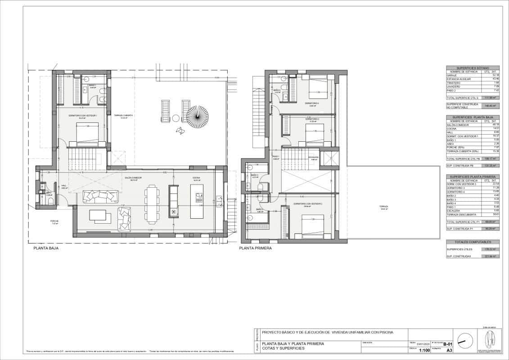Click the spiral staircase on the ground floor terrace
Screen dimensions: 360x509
click(197, 116)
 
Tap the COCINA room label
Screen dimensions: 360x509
click(196, 178)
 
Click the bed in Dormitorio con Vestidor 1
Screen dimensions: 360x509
click(86, 133)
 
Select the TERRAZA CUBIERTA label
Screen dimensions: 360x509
click(121, 115)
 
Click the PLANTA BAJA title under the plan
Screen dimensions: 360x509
click(46, 248)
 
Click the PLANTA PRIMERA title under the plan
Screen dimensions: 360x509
click(256, 248)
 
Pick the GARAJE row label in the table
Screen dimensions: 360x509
click(452, 75)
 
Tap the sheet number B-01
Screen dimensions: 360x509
click(448, 343)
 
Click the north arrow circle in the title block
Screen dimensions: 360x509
click(465, 340)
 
